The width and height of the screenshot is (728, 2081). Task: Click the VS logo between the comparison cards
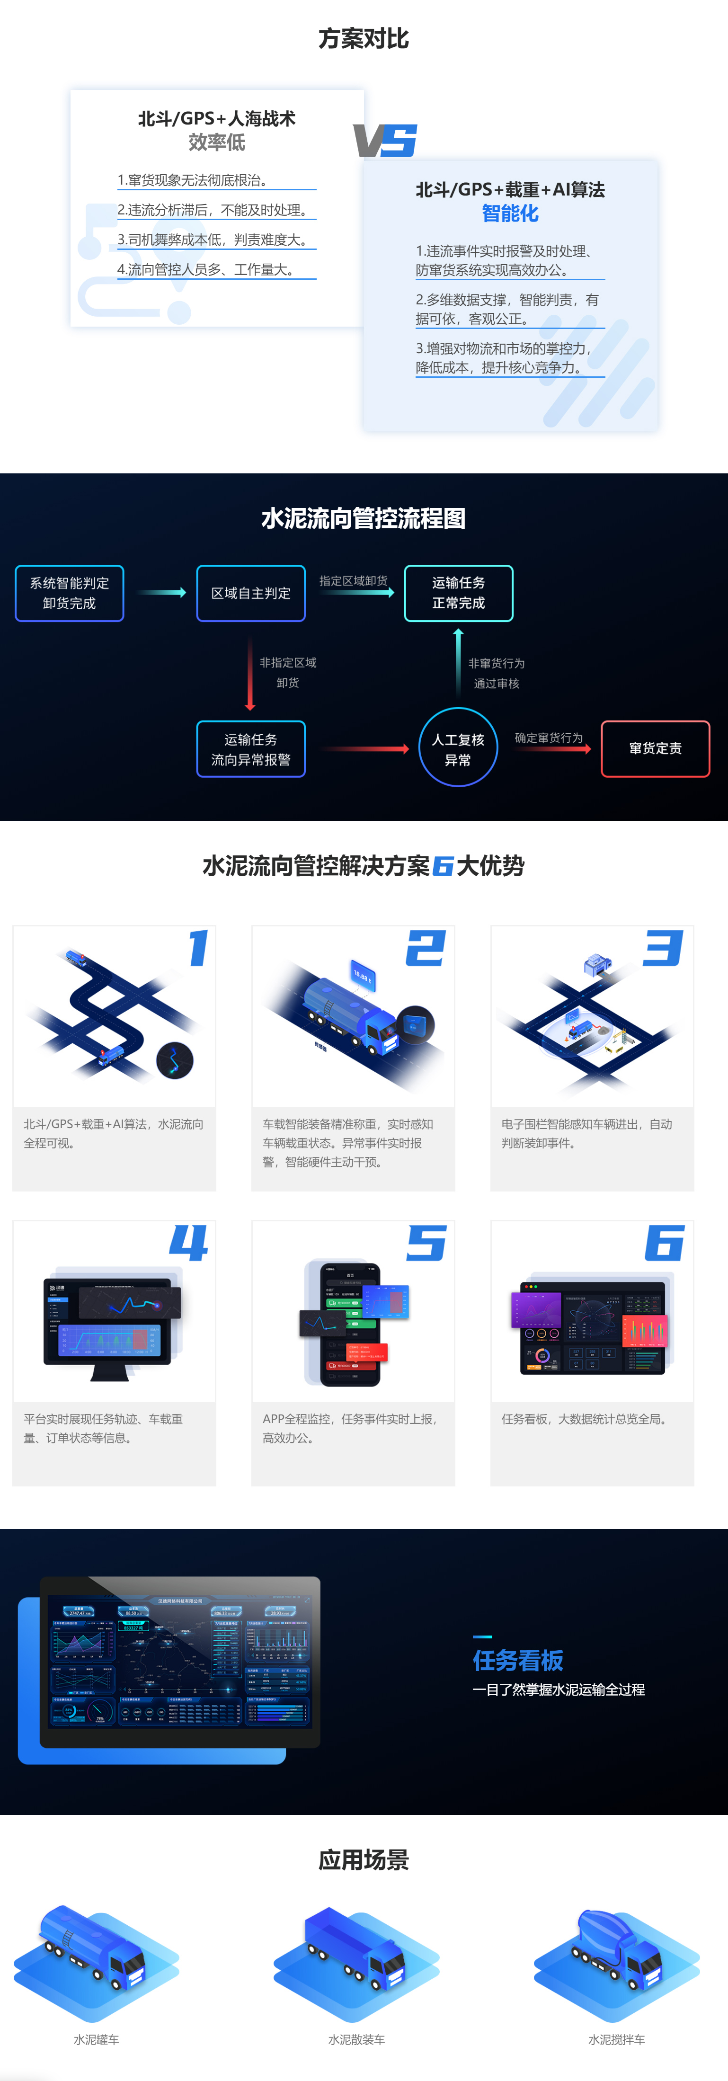[385, 141]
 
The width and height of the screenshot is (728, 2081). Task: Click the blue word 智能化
[510, 213]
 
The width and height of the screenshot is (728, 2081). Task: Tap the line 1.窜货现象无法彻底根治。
[192, 180]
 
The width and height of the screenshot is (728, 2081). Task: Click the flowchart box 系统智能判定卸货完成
[70, 593]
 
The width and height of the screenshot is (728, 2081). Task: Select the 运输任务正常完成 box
[458, 593]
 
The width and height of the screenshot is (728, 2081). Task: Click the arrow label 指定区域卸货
[353, 581]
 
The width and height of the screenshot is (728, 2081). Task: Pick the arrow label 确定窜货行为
[549, 738]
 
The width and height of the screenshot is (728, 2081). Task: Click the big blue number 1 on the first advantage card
[198, 948]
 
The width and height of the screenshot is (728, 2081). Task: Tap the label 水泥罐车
[96, 2039]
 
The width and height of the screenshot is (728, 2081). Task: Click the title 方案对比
[364, 39]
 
